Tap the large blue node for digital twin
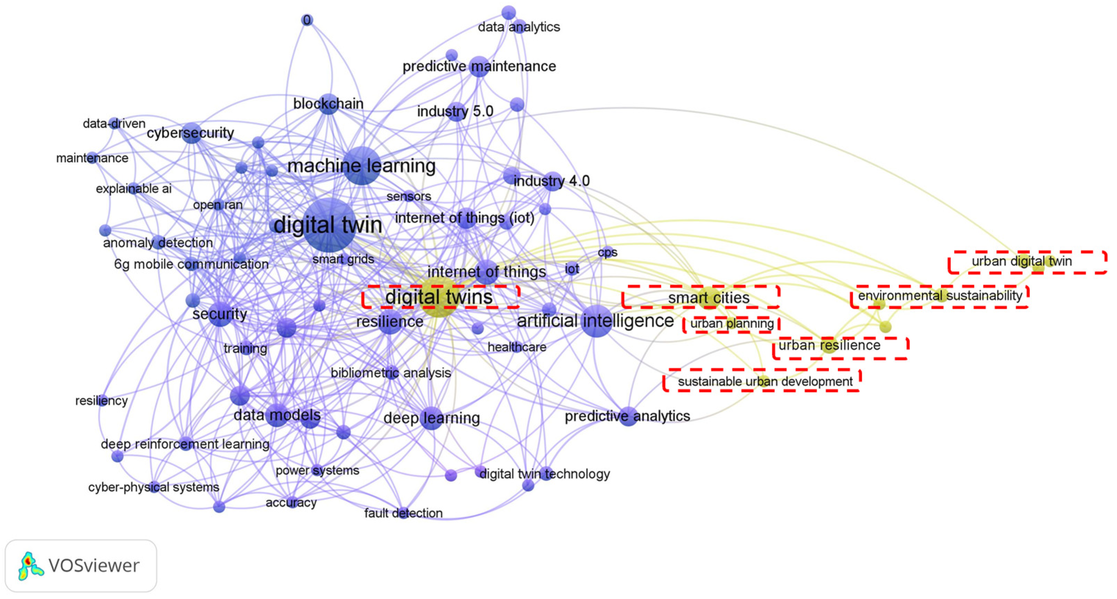click(x=329, y=225)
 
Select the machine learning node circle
click(x=362, y=165)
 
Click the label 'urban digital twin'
click(x=1022, y=261)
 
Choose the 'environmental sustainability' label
click(x=940, y=296)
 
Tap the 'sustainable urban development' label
click(x=765, y=382)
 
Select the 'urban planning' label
click(x=732, y=324)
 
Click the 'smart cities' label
click(x=709, y=298)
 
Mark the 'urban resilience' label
click(x=830, y=346)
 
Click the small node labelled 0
click(x=307, y=20)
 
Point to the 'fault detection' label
click(x=403, y=513)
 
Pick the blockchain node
click(x=329, y=104)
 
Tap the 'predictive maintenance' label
click(x=479, y=67)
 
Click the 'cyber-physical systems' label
click(x=153, y=487)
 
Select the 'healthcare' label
click(x=517, y=347)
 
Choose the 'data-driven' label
click(x=114, y=124)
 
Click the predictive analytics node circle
click(x=628, y=416)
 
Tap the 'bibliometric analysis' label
click(x=391, y=373)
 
